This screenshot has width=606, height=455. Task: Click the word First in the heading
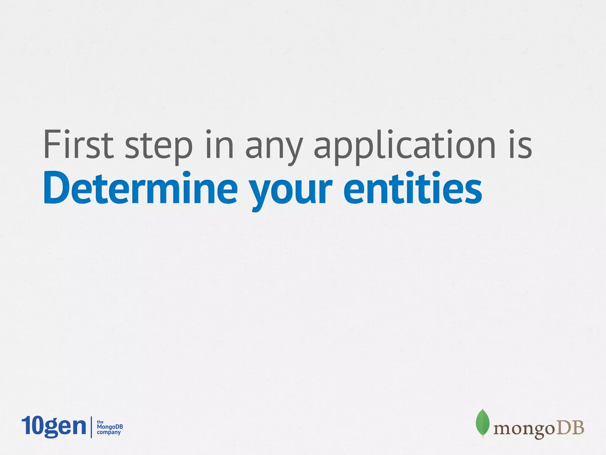(x=78, y=145)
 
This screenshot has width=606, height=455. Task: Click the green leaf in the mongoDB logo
(x=482, y=423)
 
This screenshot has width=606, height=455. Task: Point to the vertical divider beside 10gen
(x=91, y=427)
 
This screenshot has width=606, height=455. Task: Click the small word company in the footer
(x=109, y=432)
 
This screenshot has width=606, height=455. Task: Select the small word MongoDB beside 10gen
(x=110, y=427)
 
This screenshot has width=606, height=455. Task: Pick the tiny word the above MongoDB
(x=100, y=422)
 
